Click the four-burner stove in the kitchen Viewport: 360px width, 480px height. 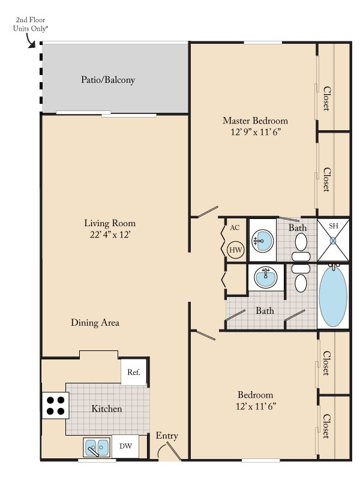(x=55, y=406)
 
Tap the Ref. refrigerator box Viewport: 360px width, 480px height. (x=133, y=372)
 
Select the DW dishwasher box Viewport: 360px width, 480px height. (x=125, y=446)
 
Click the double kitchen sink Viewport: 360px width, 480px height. (x=97, y=448)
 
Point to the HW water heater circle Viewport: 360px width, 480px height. (x=236, y=250)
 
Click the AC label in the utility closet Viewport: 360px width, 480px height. (x=235, y=228)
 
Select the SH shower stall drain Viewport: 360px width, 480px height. (x=333, y=241)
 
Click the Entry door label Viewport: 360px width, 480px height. (x=167, y=436)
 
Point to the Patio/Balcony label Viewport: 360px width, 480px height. (x=108, y=80)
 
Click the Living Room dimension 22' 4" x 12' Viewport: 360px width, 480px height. (x=110, y=235)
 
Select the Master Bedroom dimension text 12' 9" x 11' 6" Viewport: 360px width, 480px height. (x=256, y=132)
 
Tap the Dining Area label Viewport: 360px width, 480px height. (x=95, y=323)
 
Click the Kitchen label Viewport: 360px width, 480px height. (x=107, y=409)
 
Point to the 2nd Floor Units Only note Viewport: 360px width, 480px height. (x=31, y=24)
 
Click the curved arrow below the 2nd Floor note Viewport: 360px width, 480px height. (x=29, y=41)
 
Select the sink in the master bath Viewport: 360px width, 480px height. (x=263, y=241)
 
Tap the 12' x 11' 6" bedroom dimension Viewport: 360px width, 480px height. (x=256, y=406)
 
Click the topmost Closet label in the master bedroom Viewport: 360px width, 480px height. (x=327, y=98)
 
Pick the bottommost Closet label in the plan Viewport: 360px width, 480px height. (x=326, y=427)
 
